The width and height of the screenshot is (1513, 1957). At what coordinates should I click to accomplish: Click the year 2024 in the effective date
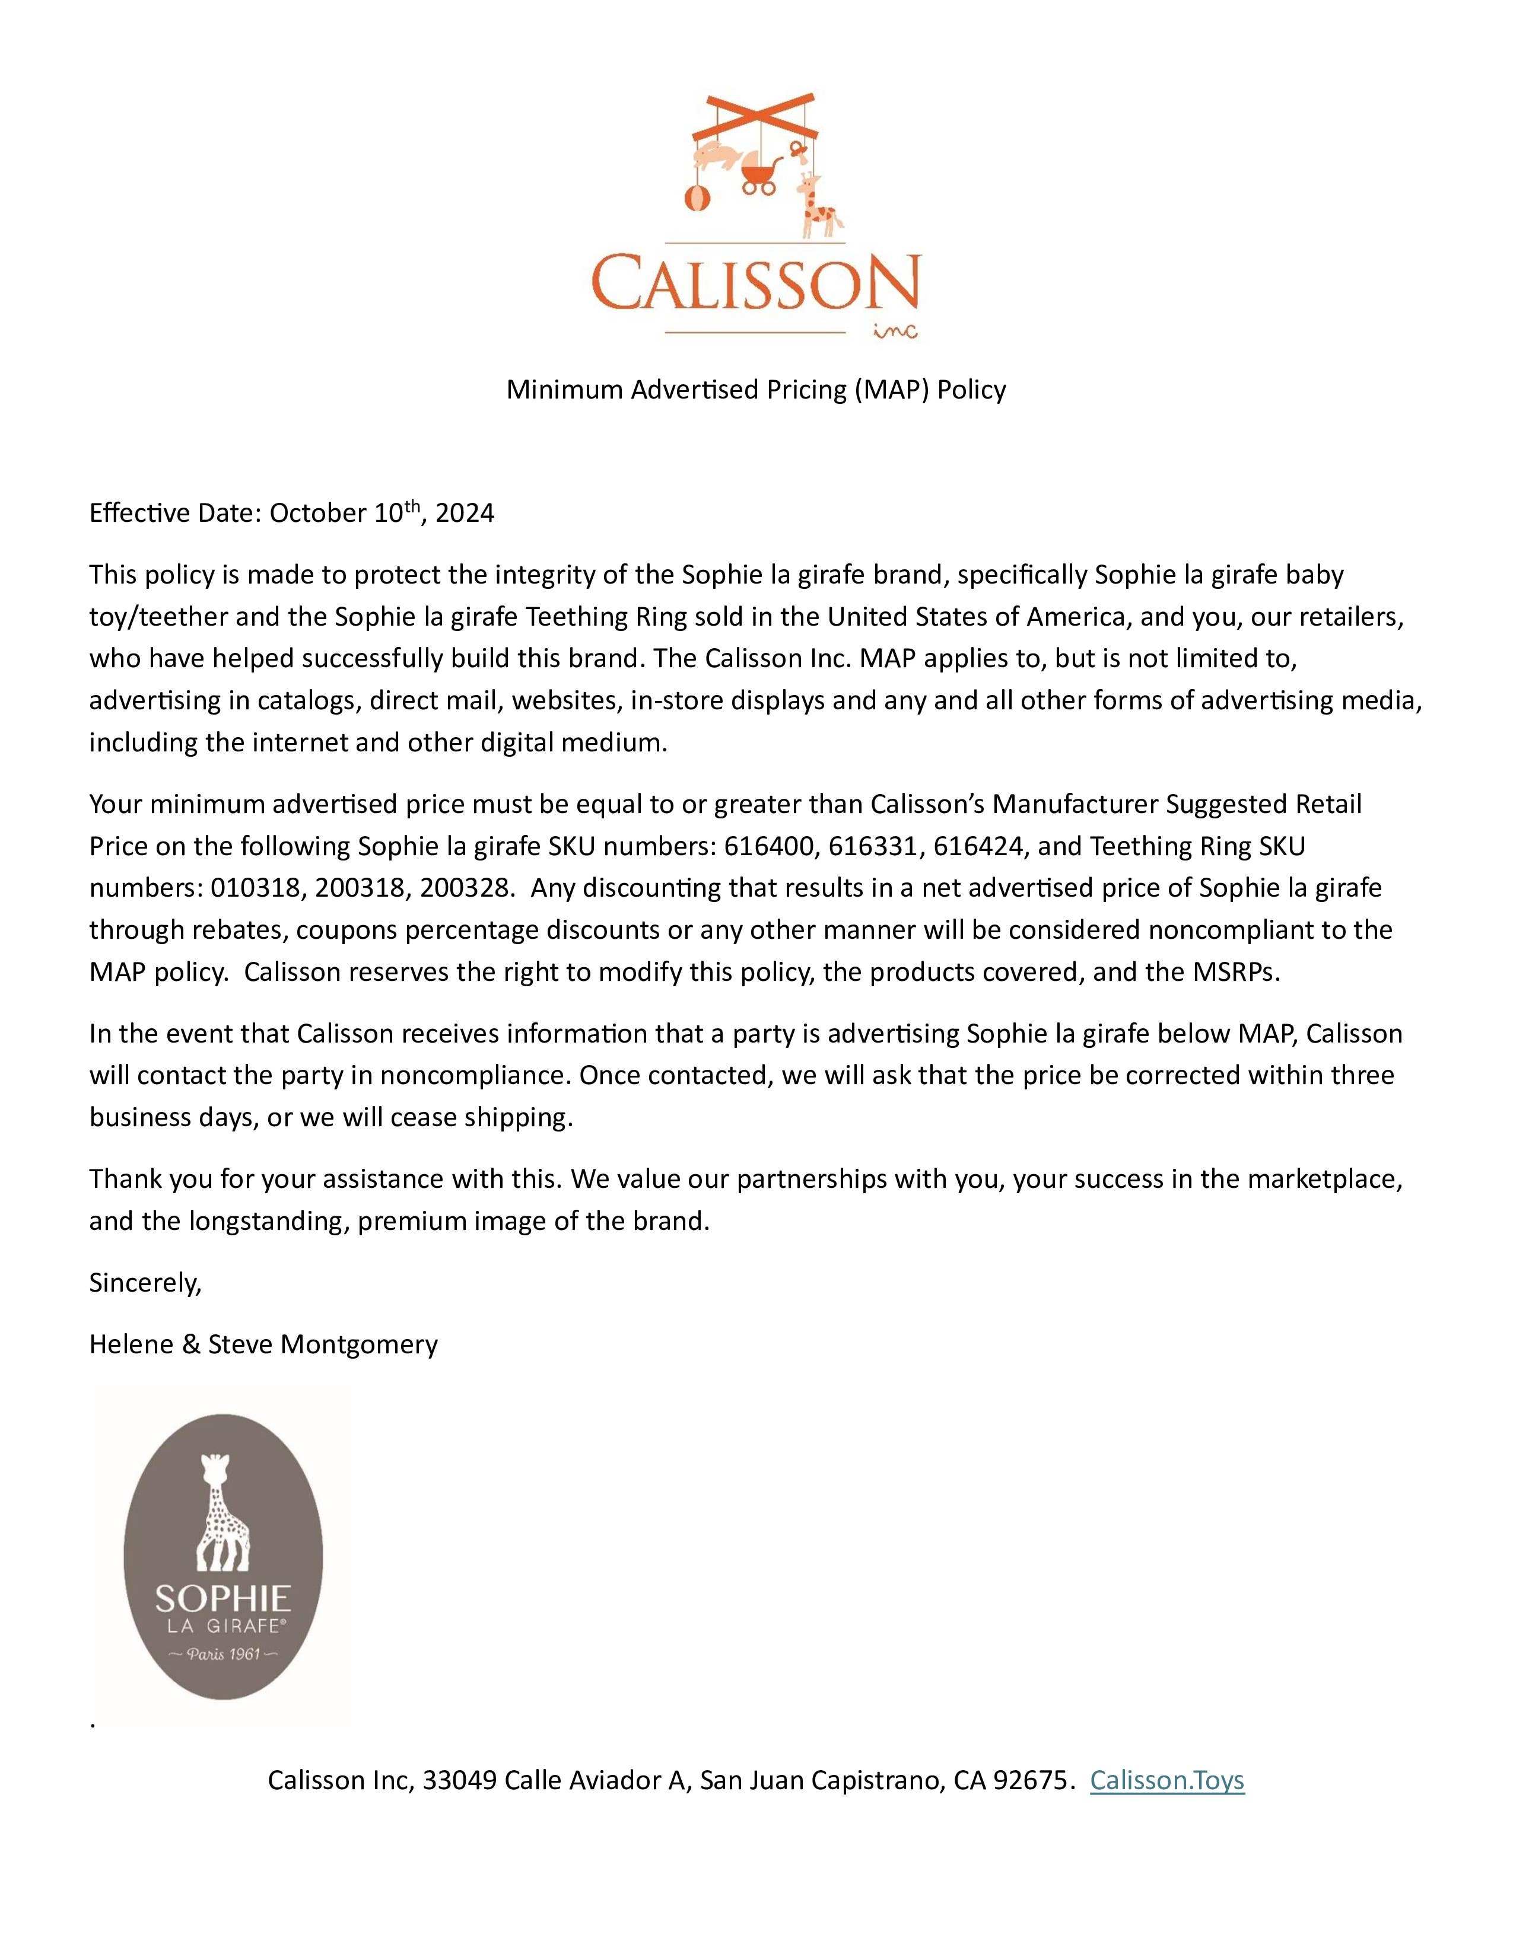(465, 514)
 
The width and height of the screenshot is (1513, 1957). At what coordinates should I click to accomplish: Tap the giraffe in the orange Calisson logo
(818, 207)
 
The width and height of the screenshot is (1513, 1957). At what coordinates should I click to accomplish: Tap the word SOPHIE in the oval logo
(223, 1599)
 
